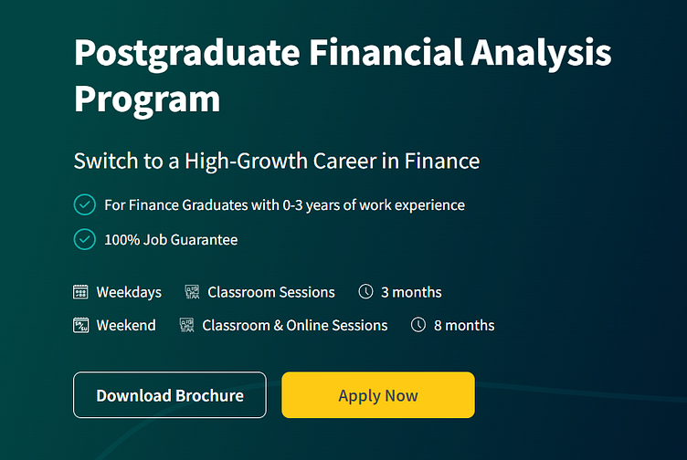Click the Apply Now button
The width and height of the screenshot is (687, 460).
click(x=377, y=395)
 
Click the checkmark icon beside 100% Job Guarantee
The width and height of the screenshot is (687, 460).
click(x=84, y=239)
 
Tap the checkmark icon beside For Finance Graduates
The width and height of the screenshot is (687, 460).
click(x=84, y=204)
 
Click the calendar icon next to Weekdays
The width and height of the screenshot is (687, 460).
click(x=81, y=292)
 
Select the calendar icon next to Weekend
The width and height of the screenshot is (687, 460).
click(x=81, y=325)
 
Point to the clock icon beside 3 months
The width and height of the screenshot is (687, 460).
click(x=365, y=292)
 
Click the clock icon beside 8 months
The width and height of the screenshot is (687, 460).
click(x=418, y=325)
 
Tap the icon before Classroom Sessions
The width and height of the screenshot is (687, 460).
click(x=192, y=292)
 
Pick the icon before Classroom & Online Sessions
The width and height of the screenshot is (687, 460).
click(x=187, y=325)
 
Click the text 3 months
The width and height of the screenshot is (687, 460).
click(x=411, y=292)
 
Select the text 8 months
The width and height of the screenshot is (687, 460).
click(x=464, y=325)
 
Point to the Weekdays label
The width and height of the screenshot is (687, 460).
click(x=129, y=292)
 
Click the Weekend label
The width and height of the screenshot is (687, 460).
click(x=126, y=325)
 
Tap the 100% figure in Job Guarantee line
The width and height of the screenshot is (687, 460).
click(x=122, y=239)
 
